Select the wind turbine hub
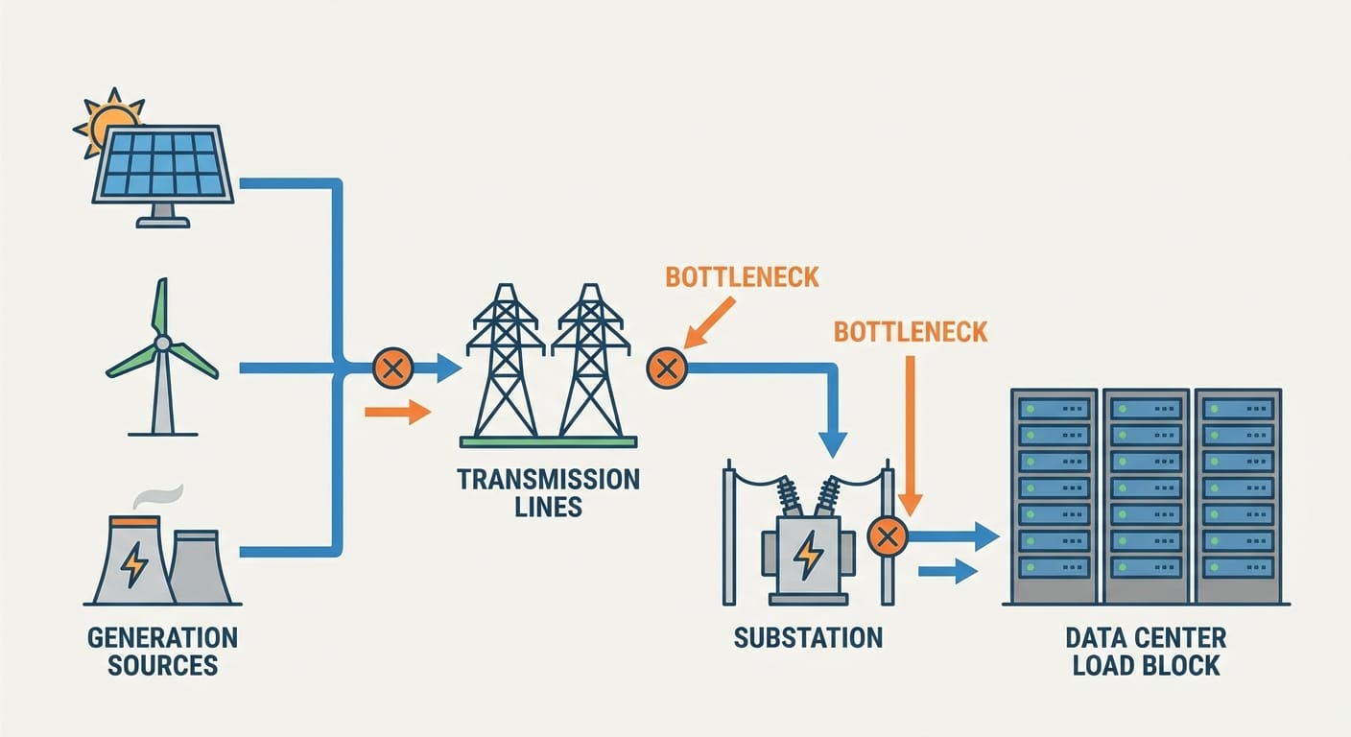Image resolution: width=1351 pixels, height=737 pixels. [163, 343]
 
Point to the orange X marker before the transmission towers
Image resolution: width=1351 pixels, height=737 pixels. [392, 368]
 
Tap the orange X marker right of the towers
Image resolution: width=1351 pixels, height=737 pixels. [667, 368]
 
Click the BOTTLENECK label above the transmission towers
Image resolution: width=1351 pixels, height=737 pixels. [742, 278]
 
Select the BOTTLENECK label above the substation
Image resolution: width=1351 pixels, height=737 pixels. [911, 332]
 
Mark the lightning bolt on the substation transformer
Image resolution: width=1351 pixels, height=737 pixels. [809, 554]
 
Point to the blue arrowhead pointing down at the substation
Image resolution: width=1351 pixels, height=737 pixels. [832, 442]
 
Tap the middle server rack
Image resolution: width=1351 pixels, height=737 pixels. [1146, 494]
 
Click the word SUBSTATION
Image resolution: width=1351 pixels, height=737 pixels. [808, 638]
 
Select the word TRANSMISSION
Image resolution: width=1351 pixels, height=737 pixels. [548, 479]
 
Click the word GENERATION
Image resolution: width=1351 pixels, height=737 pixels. [162, 637]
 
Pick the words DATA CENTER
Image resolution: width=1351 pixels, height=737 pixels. [1146, 638]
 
